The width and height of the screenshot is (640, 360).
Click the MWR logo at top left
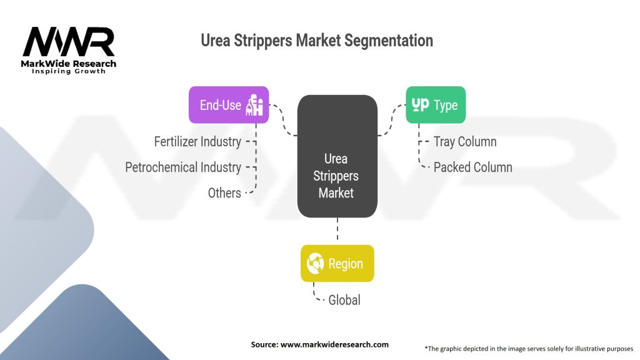coord(69,42)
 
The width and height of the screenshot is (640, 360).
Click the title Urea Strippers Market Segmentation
coord(317,41)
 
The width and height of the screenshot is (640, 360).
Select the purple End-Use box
coord(229,104)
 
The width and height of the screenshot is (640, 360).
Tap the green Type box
coord(436,104)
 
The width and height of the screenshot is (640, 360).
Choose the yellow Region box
coord(337,263)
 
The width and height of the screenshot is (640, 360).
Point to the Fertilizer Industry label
coord(197,142)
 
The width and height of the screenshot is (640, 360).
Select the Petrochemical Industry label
coord(183,167)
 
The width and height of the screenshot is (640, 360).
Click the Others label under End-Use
coord(224,193)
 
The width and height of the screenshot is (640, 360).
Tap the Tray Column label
coord(465,142)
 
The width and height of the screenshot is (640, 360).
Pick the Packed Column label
coord(473,167)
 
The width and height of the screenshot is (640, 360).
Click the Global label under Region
coord(344,300)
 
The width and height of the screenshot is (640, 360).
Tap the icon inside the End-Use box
coord(256,105)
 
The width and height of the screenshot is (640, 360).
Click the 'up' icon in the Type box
coord(421,104)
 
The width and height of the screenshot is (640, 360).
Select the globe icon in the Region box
coord(315,263)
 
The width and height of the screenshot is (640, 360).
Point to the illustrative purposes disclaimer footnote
coord(529,348)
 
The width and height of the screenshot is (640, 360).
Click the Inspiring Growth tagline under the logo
coord(69,71)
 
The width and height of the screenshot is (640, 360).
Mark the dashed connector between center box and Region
coord(337,229)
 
